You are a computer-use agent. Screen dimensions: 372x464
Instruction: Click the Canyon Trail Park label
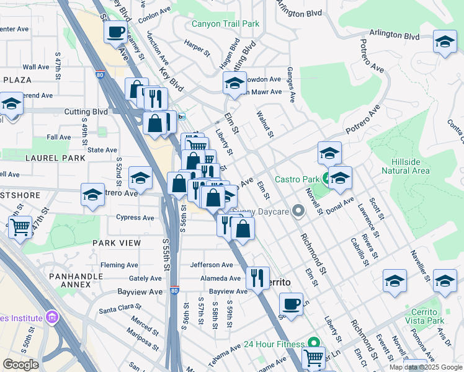[x=225, y=24]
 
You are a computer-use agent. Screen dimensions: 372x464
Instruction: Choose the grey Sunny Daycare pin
[x=298, y=212]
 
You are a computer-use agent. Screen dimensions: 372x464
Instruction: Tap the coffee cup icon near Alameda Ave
[x=291, y=304]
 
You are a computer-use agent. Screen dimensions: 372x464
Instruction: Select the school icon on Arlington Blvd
[x=445, y=42]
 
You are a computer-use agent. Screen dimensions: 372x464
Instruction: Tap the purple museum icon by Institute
[x=51, y=318]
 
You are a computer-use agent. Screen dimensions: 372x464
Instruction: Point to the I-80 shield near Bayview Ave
[x=174, y=290]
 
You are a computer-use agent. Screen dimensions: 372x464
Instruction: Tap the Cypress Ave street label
[x=135, y=218]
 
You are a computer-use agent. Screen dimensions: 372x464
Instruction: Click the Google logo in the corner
[x=21, y=365]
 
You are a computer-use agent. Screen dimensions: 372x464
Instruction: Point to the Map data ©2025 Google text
[x=425, y=367]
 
